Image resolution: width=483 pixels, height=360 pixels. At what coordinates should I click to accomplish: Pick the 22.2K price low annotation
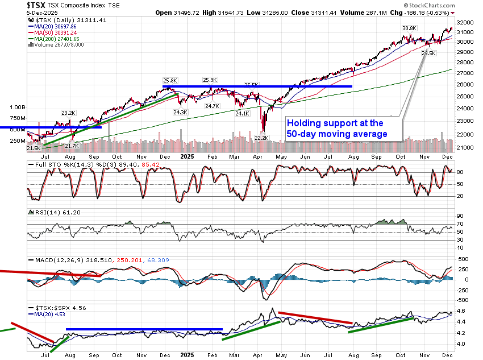[x=261, y=138]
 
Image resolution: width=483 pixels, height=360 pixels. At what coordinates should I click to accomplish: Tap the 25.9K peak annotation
[x=211, y=80]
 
